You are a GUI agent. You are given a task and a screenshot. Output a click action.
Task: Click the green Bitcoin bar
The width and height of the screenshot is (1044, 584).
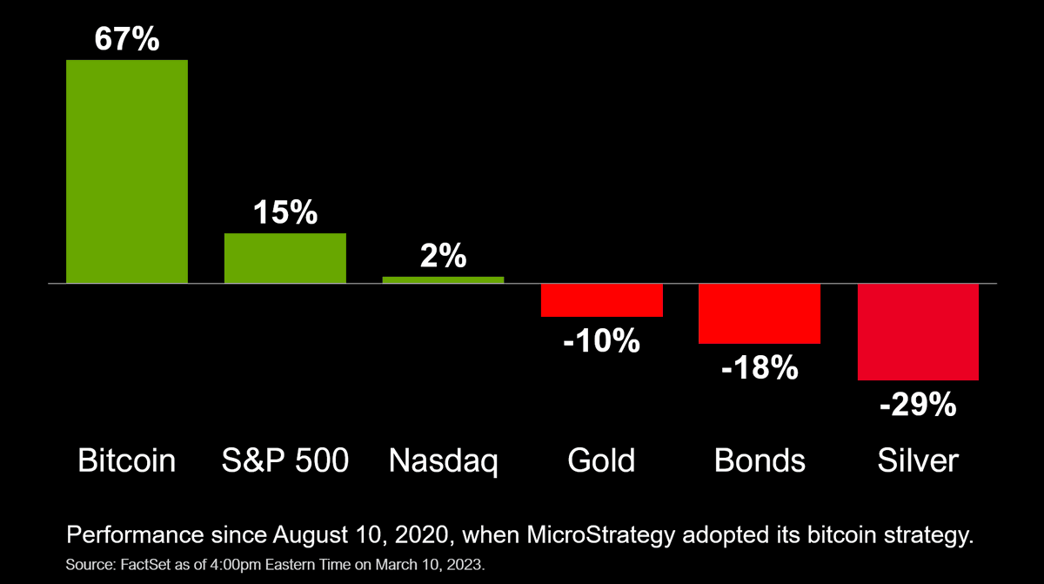tap(127, 171)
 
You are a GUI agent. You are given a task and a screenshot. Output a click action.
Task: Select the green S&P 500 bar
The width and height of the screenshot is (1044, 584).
tap(285, 258)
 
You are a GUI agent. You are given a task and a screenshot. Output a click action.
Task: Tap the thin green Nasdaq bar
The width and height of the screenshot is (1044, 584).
tap(443, 280)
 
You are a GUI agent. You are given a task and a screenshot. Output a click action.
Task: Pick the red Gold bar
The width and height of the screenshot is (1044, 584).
tap(602, 300)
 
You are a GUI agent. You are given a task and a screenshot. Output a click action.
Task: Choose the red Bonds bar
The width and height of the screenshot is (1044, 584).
tap(760, 313)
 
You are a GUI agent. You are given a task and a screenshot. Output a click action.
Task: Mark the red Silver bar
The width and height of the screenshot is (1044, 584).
tap(918, 332)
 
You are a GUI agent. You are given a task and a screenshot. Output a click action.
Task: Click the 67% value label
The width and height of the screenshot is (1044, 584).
tap(127, 38)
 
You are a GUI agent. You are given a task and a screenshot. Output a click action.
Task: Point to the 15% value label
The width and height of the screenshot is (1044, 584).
tap(285, 212)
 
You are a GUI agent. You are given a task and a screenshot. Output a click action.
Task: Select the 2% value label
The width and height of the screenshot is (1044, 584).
tap(443, 255)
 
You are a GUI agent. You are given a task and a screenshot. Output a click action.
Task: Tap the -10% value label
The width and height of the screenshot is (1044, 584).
tap(602, 340)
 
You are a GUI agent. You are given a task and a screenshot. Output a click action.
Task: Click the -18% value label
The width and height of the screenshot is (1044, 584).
tap(760, 368)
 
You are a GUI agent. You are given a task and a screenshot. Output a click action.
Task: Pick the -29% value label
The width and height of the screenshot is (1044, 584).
tap(918, 404)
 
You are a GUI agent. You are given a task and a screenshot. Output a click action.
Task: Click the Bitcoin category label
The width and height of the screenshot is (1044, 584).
tap(127, 460)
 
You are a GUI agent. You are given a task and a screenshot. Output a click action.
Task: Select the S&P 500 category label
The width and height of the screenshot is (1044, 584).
tap(285, 460)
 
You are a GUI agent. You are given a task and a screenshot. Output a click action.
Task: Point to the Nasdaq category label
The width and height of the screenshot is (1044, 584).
tap(443, 461)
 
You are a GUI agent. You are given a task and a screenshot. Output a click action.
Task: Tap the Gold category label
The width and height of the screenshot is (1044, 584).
tap(601, 460)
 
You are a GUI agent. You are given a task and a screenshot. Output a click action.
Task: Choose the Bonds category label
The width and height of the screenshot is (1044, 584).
tap(760, 460)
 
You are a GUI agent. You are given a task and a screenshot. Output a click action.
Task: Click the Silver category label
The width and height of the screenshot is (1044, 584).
tap(918, 460)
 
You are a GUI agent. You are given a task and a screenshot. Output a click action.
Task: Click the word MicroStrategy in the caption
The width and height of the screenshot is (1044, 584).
tap(601, 535)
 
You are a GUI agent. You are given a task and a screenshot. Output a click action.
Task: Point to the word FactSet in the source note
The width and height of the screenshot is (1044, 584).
tap(145, 565)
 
